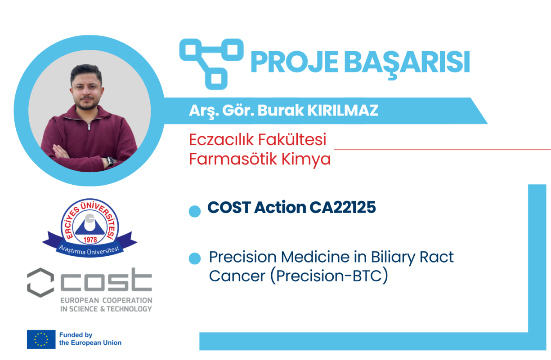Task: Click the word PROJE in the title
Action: [295, 62]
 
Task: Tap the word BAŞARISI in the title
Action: [407, 64]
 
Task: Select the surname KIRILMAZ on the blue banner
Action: [343, 110]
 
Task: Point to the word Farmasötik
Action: [233, 159]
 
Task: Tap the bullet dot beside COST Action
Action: [195, 211]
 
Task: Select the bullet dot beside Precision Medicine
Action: [195, 258]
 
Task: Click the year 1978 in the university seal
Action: [90, 240]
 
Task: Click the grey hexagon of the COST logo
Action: [40, 282]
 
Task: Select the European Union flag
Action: [41, 339]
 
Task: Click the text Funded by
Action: [76, 335]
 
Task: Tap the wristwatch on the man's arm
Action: [110, 161]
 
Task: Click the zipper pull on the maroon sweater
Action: [89, 127]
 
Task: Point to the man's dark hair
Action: [86, 72]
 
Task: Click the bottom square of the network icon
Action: [216, 79]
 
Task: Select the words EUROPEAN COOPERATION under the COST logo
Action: [106, 300]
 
